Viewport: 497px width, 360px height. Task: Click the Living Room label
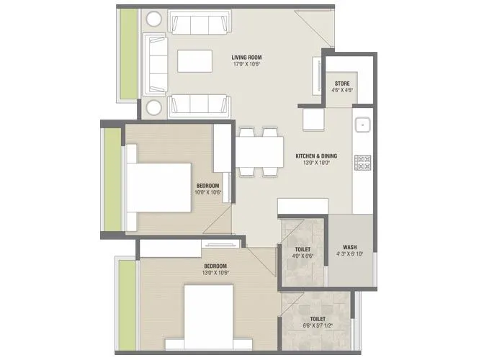246,57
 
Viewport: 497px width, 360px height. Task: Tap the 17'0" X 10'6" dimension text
246,64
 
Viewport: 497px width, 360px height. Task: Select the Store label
343,84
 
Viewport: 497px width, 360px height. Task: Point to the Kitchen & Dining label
316,156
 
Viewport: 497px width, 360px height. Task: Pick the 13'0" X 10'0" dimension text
316,163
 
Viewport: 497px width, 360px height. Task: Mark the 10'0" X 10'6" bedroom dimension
207,192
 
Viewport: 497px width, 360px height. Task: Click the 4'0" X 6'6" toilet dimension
303,256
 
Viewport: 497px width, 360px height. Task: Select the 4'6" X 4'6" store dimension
343,91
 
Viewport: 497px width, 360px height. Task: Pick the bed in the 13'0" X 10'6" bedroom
209,313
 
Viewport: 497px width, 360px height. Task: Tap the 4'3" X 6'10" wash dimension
351,253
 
